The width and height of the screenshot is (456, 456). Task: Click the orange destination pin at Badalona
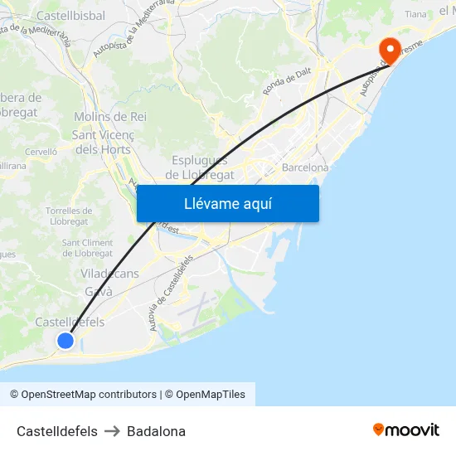(388, 49)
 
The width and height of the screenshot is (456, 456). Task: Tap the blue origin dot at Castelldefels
(65, 340)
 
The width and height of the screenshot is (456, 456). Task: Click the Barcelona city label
(305, 167)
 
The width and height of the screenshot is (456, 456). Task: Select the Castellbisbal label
(70, 16)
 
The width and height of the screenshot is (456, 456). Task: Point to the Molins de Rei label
(110, 117)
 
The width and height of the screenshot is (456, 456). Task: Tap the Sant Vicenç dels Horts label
(103, 142)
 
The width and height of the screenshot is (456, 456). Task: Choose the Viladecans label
(109, 274)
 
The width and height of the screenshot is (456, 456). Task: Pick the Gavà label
(99, 291)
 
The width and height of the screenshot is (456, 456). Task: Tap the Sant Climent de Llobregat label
(88, 248)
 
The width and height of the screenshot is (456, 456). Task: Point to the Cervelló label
(41, 152)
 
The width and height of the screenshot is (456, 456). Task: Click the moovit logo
(406, 430)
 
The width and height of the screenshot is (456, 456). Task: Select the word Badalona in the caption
(156, 431)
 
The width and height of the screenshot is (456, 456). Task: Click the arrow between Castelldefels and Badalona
(112, 431)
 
